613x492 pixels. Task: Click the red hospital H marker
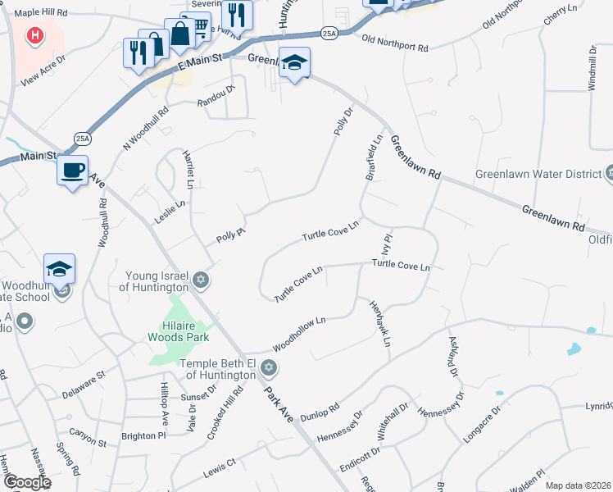[34, 35]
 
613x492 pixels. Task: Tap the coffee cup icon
[73, 171]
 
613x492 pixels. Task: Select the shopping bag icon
[179, 33]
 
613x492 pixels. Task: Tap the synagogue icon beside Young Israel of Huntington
[201, 280]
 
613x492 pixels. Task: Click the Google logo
[26, 482]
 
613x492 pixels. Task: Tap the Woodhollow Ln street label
[300, 329]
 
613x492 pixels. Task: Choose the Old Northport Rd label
[395, 43]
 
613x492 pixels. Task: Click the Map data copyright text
[577, 485]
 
